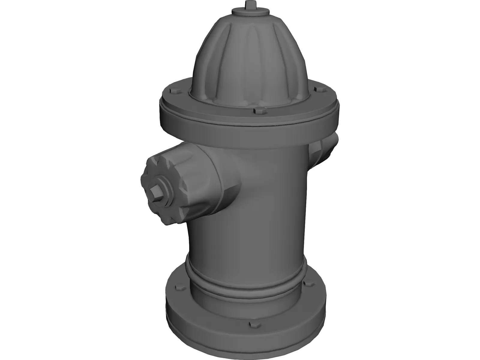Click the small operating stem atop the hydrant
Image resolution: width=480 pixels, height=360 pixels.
249,5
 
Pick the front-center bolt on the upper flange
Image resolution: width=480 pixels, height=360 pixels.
258,111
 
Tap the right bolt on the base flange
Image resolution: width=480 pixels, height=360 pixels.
307,283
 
